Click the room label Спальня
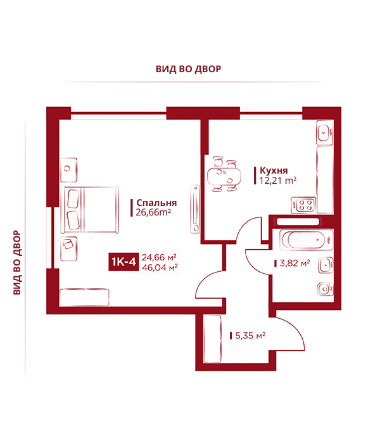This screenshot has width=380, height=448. pyautogui.click(x=156, y=203)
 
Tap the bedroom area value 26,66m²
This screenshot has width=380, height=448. pyautogui.click(x=153, y=212)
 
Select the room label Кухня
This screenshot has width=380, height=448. pyautogui.click(x=274, y=170)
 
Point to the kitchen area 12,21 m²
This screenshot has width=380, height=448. pyautogui.click(x=278, y=181)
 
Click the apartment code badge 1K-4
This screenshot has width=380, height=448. pyautogui.click(x=123, y=262)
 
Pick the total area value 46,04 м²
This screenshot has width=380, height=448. pyautogui.click(x=160, y=267)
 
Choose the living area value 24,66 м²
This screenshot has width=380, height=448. pyautogui.click(x=159, y=257)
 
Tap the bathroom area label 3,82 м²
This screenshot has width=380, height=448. pyautogui.click(x=294, y=263)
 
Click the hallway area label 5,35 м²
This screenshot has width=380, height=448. pyautogui.click(x=250, y=335)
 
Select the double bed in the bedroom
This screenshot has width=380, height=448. pyautogui.click(x=90, y=209)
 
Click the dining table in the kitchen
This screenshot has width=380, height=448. pyautogui.click(x=224, y=176)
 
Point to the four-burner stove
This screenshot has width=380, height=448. pyautogui.click(x=303, y=205)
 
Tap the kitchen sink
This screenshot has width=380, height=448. pyautogui.click(x=325, y=133)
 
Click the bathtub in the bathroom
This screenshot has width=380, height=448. pyautogui.click(x=307, y=240)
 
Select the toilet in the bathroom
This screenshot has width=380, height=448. pyautogui.click(x=325, y=289)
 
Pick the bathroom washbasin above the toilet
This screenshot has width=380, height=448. pyautogui.click(x=326, y=266)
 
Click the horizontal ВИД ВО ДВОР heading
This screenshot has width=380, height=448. pyautogui.click(x=189, y=69)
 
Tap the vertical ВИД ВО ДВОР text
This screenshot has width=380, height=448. pyautogui.click(x=17, y=262)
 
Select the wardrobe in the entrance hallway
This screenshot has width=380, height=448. pyautogui.click(x=213, y=339)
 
